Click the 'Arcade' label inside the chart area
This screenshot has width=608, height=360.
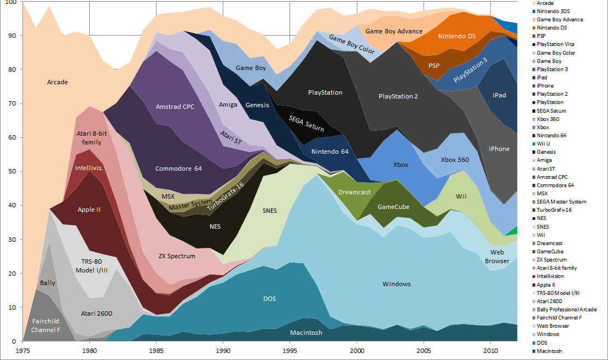point(57,82)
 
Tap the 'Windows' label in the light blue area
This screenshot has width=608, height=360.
point(396,284)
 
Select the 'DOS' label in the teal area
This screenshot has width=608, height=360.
point(269,299)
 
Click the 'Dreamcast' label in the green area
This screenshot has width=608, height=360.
point(354,192)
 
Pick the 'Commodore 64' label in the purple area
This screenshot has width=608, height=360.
point(178,169)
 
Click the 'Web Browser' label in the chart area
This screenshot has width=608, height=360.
point(497,257)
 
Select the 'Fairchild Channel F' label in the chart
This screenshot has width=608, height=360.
point(45,326)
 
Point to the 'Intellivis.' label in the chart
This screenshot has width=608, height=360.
point(89,168)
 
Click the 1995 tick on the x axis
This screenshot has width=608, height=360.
point(290,349)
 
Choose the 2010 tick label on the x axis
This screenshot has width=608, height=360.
point(490,349)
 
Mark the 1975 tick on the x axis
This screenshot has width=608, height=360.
point(23,349)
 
